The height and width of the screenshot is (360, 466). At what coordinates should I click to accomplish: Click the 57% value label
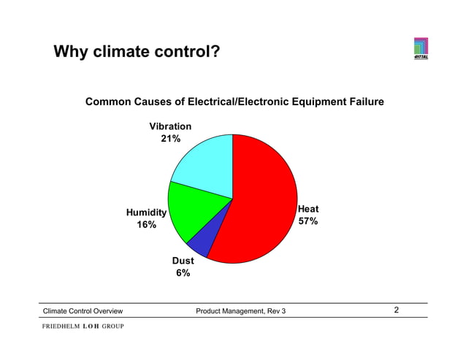tap(308, 221)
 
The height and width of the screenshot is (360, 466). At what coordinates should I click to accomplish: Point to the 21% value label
tap(172, 139)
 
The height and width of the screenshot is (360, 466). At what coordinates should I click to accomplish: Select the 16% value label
tap(147, 225)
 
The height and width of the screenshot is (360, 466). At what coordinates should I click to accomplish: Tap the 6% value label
tap(183, 273)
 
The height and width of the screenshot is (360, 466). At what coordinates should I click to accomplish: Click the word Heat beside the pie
tap(308, 209)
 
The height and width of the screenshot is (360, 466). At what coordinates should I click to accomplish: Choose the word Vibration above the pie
tap(171, 126)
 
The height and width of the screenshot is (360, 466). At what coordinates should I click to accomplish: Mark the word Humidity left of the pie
tap(146, 212)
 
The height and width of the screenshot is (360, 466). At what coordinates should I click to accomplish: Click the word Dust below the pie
tap(183, 261)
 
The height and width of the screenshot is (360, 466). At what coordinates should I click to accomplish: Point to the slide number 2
tap(397, 310)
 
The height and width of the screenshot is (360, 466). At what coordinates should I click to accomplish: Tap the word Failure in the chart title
tap(362, 102)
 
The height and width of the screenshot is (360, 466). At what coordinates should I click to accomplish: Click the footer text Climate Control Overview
tap(83, 312)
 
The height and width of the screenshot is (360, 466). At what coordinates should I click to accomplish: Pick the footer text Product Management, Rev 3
tap(241, 312)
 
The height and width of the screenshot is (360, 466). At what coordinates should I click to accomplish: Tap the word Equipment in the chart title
tap(310, 102)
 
